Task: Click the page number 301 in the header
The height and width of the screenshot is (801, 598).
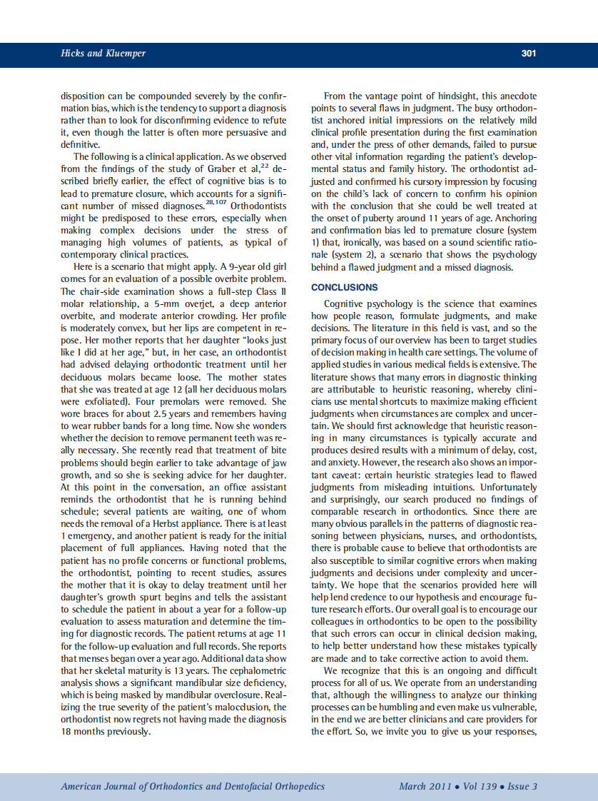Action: click(x=528, y=54)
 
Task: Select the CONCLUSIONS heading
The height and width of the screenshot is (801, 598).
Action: click(x=345, y=287)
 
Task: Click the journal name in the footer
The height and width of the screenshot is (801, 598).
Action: click(x=193, y=786)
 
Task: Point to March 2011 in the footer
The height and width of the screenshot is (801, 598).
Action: click(x=425, y=786)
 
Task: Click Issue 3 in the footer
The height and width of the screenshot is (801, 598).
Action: click(x=522, y=786)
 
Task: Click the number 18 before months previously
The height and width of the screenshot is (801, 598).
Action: click(x=67, y=731)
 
